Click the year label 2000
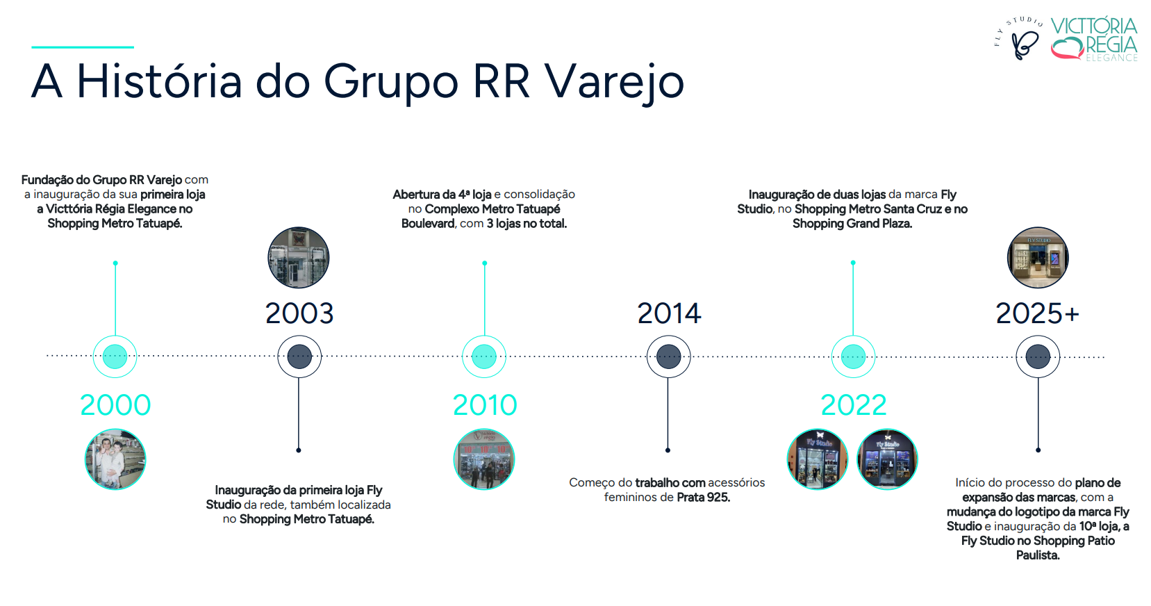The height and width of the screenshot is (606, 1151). [115, 405]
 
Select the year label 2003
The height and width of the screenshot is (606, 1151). [299, 313]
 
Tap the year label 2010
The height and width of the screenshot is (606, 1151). [485, 405]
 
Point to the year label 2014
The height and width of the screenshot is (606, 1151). [668, 313]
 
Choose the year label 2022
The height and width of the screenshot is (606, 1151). [854, 405]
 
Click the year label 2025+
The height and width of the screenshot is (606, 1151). [1038, 313]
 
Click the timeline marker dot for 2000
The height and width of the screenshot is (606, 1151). [115, 357]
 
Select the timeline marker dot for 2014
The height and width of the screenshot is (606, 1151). [668, 357]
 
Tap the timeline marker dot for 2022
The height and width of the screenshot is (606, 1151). [853, 357]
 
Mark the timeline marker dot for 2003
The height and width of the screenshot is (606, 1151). [299, 357]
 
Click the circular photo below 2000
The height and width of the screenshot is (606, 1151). [115, 459]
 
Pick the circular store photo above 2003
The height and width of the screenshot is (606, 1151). [299, 258]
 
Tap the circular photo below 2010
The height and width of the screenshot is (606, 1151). [484, 459]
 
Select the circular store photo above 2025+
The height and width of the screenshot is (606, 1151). [1038, 258]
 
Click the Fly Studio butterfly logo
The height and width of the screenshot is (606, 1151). [1020, 39]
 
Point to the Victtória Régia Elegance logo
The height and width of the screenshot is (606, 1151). [1094, 40]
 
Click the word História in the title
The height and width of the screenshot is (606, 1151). [159, 81]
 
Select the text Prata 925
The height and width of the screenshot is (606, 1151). [704, 498]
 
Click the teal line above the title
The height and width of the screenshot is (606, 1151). [83, 47]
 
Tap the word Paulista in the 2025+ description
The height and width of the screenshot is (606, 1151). [1038, 556]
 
